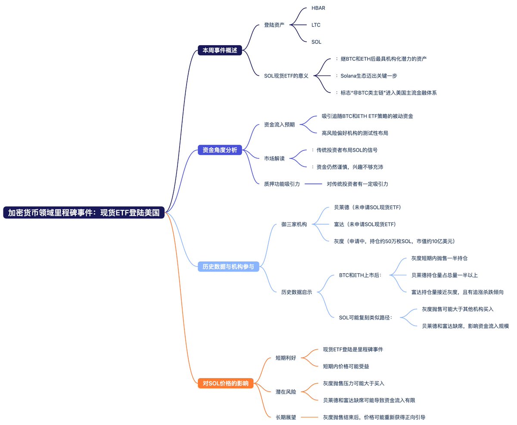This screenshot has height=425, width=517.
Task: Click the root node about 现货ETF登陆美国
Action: pyautogui.click(x=84, y=212)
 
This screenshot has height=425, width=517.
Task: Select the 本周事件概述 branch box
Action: pyautogui.click(x=220, y=50)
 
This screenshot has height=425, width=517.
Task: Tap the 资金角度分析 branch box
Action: pyautogui.click(x=220, y=150)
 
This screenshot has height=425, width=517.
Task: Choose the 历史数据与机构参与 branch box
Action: pyautogui.click(x=228, y=267)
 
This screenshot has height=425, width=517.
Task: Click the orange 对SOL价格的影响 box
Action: pyautogui.click(x=226, y=383)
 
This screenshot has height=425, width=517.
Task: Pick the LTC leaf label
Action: pyautogui.click(x=316, y=25)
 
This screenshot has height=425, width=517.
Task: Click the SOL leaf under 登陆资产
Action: pyautogui.click(x=316, y=42)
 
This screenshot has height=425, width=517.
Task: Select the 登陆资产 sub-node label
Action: pyautogui.click(x=274, y=25)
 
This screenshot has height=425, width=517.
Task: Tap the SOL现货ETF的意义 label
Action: pyautogui.click(x=286, y=76)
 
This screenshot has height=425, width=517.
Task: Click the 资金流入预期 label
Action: pyautogui.click(x=279, y=124)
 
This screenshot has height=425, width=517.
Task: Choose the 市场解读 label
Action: pyautogui.click(x=274, y=158)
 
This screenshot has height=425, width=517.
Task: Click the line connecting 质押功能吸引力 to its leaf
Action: pyautogui.click(x=313, y=184)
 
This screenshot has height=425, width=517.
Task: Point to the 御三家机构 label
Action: pyautogui.click(x=294, y=224)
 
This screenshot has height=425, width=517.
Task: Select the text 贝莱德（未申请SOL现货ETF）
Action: pyautogui.click(x=368, y=207)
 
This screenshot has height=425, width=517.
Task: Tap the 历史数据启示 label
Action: pyautogui.click(x=296, y=292)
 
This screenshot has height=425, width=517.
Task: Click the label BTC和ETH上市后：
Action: pyautogui.click(x=363, y=275)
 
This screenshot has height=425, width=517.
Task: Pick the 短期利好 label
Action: pyautogui.click(x=286, y=358)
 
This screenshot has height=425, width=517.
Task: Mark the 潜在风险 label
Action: pyautogui.click(x=286, y=391)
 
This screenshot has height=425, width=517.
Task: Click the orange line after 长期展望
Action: pyautogui.click(x=309, y=417)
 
